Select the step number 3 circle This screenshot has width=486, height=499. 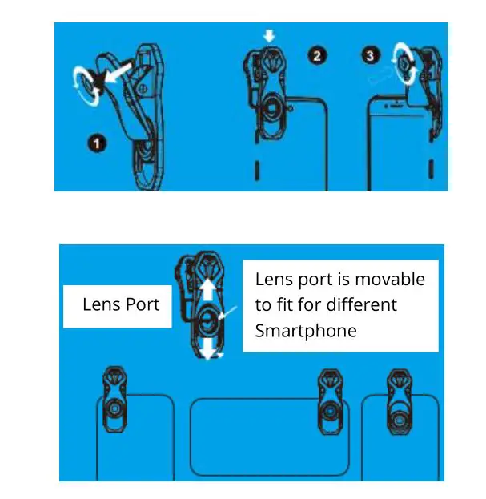(x=369, y=55)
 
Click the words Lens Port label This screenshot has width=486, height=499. (x=121, y=304)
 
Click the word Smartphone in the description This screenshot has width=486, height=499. (x=305, y=330)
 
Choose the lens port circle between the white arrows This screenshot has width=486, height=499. (x=208, y=320)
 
